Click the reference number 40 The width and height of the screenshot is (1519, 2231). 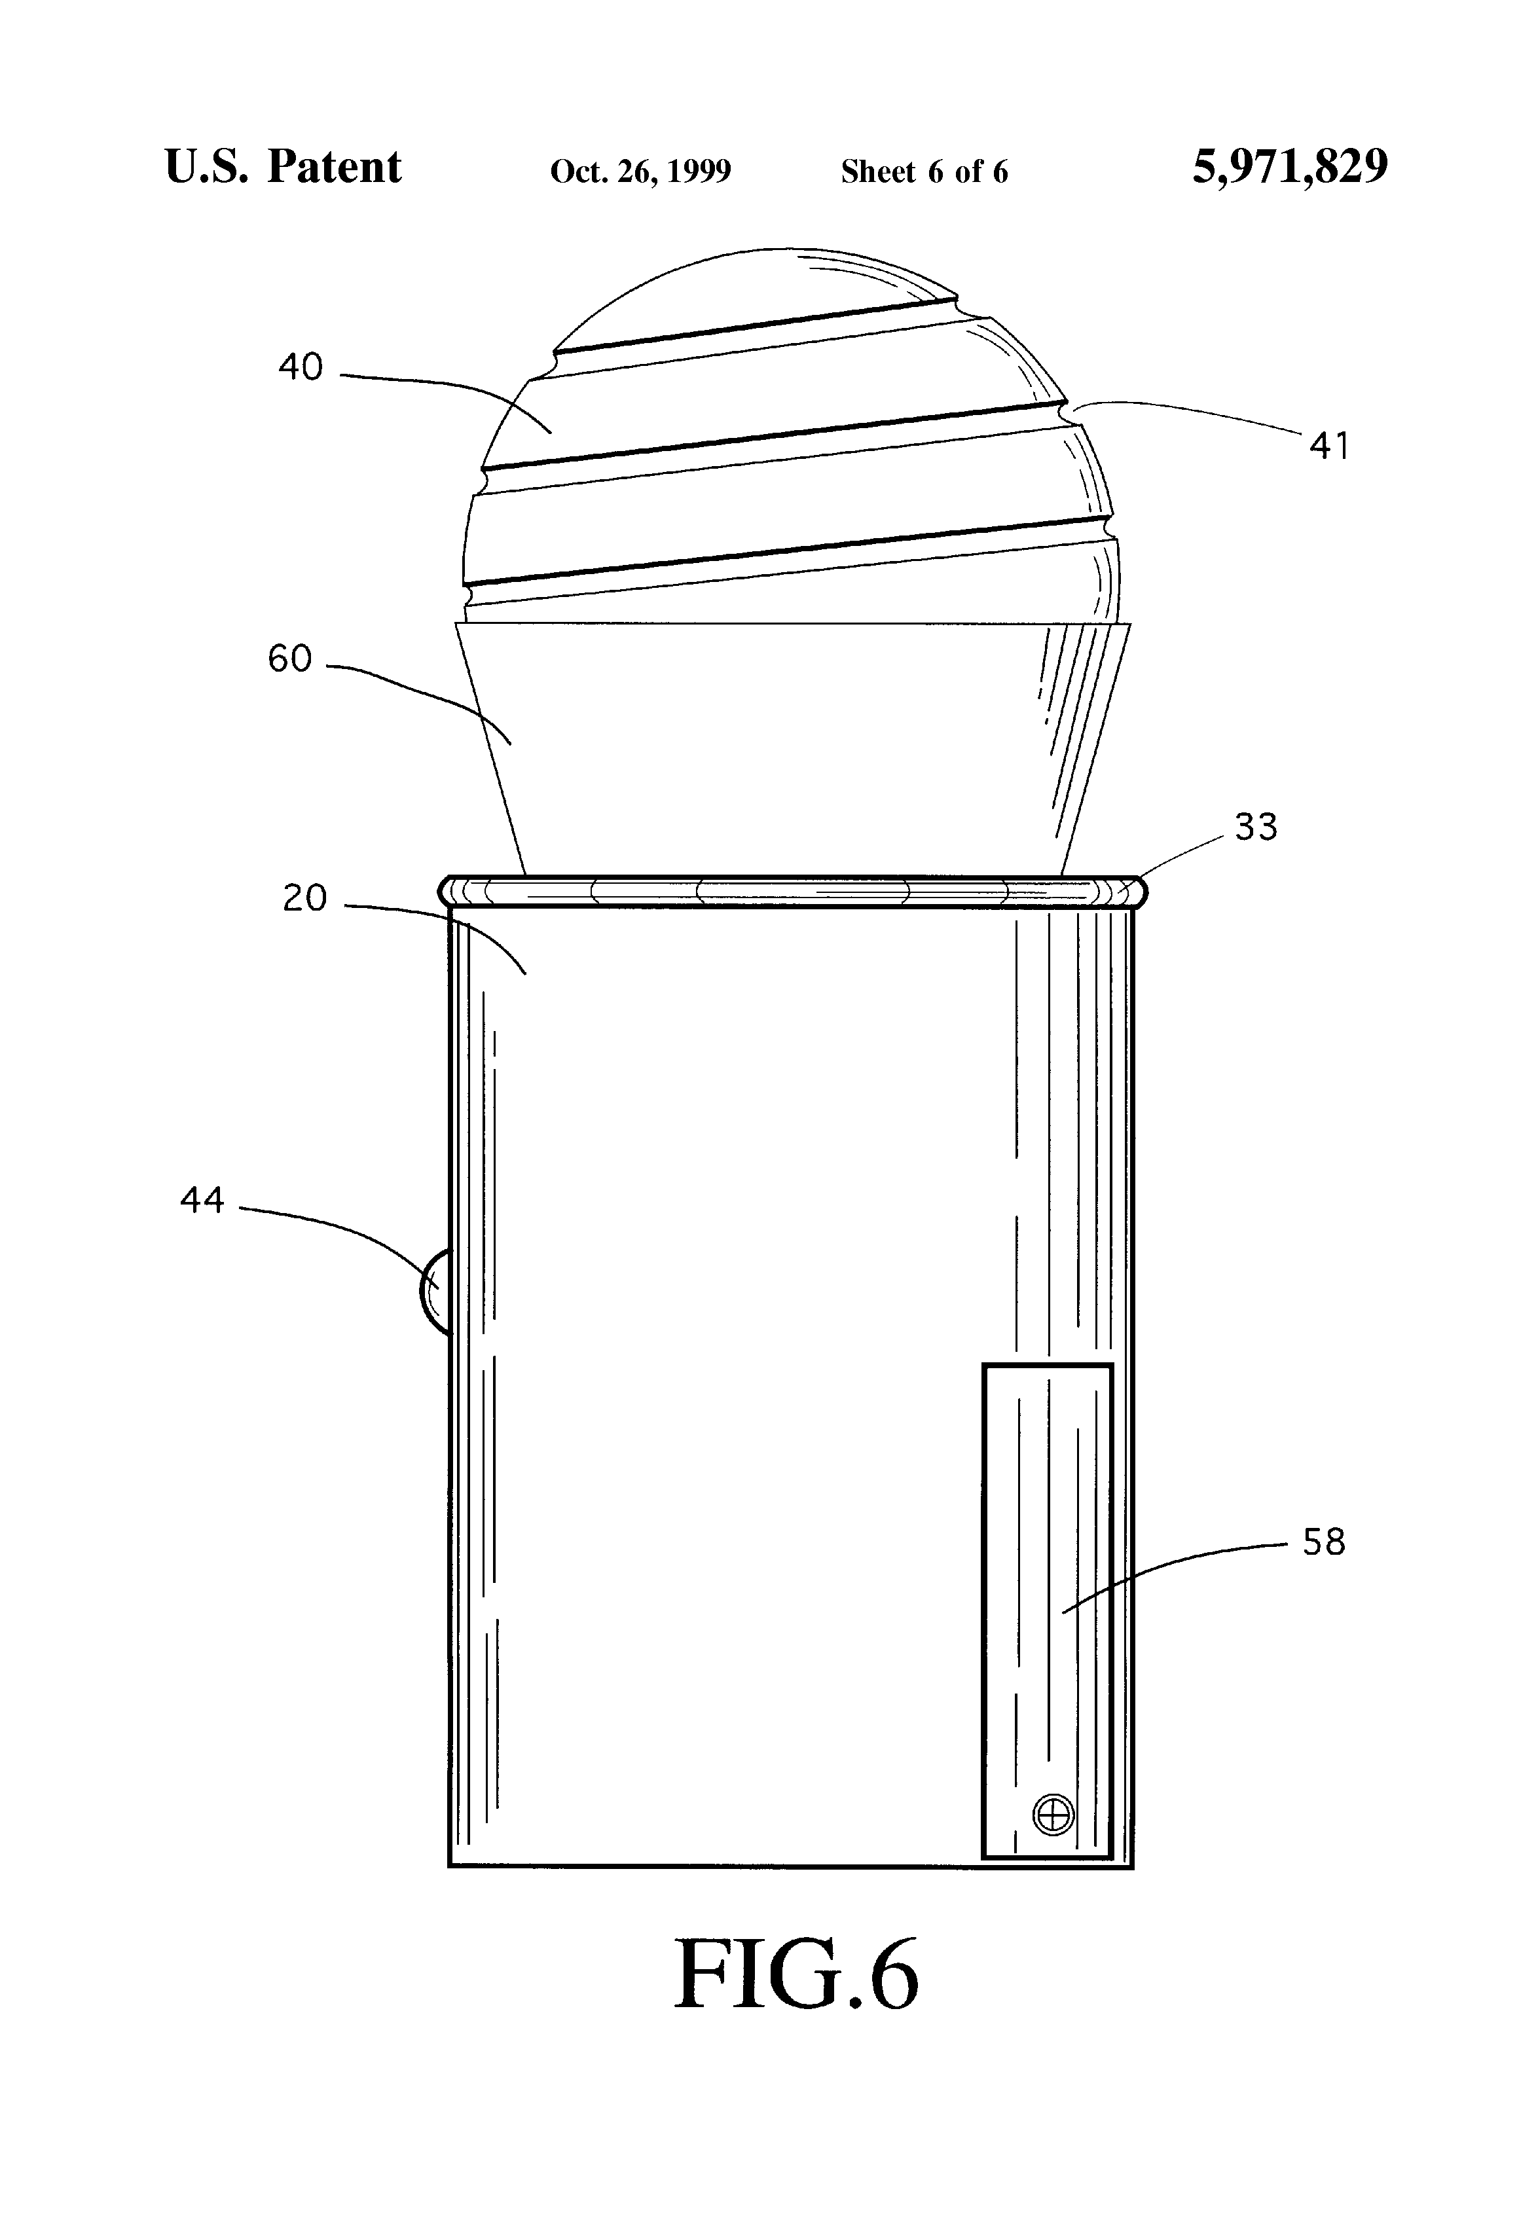(301, 367)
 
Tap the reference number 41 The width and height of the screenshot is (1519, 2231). (1329, 446)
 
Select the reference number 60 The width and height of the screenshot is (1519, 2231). (290, 659)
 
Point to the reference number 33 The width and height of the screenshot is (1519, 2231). (1256, 827)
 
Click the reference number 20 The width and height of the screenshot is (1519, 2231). (305, 899)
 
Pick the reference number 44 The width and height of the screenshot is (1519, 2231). (202, 1200)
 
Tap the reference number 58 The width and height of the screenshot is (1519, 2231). (1324, 1543)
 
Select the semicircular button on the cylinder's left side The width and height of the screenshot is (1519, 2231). (435, 1291)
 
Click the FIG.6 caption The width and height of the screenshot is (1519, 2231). (797, 1974)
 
